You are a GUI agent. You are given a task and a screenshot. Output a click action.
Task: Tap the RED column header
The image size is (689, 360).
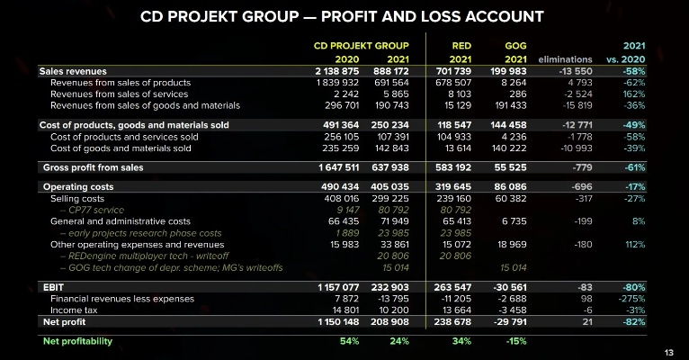tap(461, 43)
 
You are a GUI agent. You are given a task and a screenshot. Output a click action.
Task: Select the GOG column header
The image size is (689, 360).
tap(515, 43)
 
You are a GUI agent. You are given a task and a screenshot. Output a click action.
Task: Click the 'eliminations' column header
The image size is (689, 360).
tap(565, 59)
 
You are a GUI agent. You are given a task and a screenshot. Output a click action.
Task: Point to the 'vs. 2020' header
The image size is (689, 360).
tap(627, 59)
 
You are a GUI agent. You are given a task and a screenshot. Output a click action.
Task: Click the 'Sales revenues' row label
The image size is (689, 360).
tap(73, 71)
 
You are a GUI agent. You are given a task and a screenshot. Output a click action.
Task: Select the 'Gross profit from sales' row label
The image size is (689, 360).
tap(93, 167)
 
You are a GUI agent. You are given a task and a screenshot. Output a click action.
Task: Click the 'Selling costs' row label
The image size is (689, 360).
tap(77, 198)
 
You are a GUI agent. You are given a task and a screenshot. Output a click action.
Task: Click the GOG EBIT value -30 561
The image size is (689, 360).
tap(508, 285)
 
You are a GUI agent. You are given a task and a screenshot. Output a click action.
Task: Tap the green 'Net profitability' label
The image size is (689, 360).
tap(79, 341)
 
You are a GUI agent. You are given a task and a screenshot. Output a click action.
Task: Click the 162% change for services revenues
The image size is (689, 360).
tap(634, 93)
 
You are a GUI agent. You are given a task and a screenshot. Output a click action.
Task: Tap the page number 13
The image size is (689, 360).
tap(668, 351)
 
